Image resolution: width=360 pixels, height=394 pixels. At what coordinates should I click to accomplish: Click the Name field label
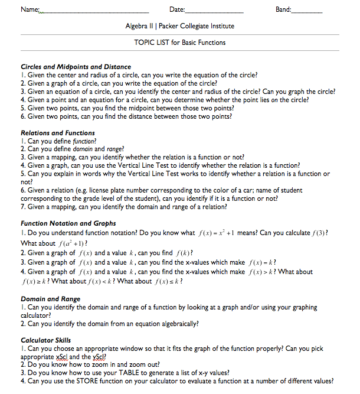30,10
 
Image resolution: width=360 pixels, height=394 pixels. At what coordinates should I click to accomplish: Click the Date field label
176,10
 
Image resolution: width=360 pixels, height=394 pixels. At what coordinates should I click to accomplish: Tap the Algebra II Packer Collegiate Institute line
179,27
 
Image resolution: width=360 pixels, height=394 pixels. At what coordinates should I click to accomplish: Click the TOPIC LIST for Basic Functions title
179,43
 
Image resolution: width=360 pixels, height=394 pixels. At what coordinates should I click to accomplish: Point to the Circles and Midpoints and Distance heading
76,67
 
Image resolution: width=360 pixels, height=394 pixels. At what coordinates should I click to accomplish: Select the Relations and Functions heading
58,133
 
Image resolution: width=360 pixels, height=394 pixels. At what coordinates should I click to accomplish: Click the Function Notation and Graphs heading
68,223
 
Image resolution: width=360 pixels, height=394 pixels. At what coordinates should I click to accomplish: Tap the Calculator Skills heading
45,340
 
